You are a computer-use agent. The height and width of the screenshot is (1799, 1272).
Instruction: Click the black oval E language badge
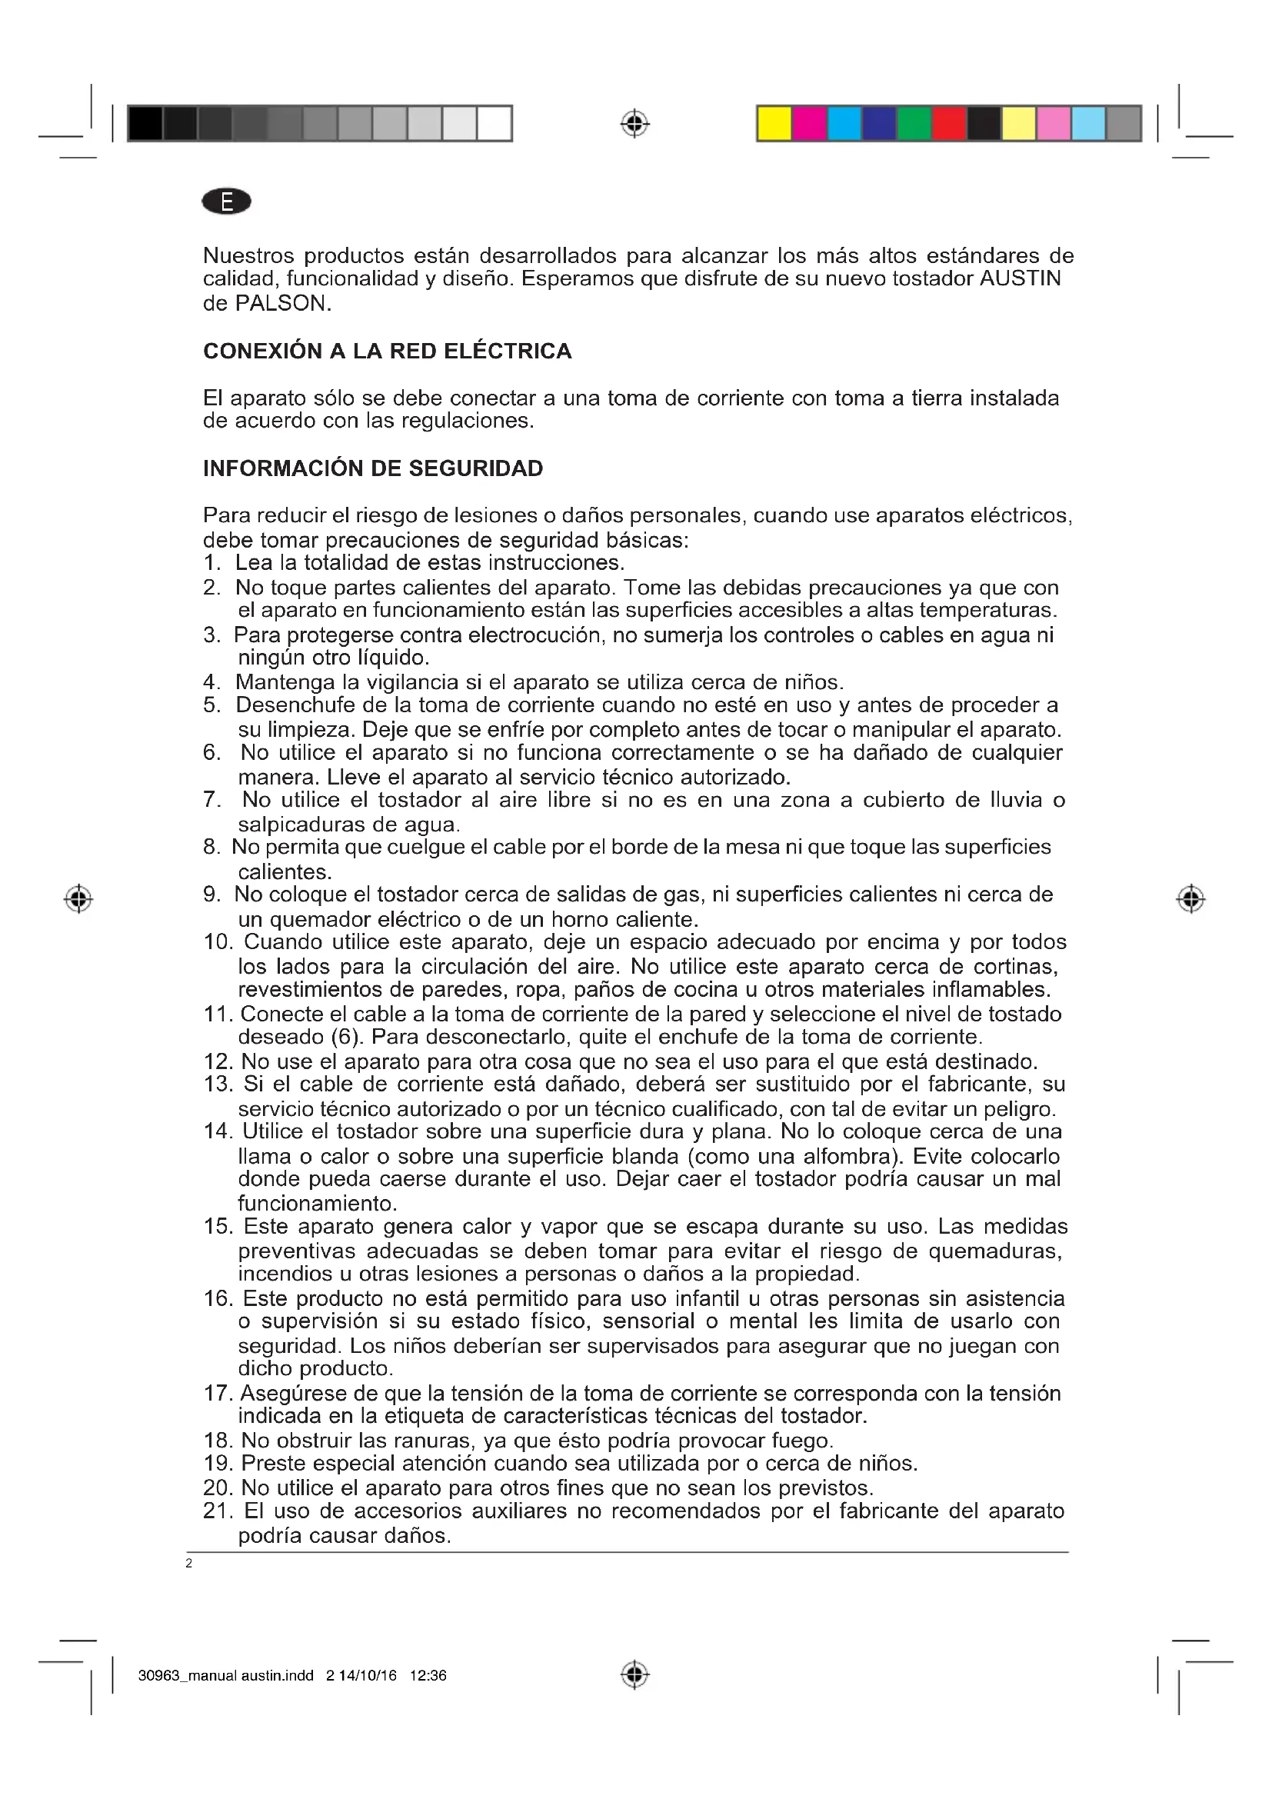[226, 202]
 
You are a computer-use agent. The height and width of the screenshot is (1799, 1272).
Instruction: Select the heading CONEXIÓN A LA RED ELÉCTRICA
[387, 351]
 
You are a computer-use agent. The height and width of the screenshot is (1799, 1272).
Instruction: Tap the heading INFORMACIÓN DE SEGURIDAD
[373, 468]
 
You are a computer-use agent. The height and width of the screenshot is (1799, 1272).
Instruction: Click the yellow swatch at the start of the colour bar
[774, 124]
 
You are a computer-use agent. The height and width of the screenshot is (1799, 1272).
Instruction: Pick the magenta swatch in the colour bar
[809, 124]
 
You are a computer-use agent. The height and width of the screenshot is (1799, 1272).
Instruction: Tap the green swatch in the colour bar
[914, 124]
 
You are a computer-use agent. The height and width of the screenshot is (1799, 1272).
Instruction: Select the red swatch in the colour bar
[948, 124]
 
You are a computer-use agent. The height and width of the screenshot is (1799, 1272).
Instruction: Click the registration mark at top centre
[635, 124]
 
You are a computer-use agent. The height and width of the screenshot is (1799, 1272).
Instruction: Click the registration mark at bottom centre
[635, 1675]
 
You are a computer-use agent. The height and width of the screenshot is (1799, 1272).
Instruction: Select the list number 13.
[218, 1084]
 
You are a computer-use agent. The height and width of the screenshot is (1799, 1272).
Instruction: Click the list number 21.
[218, 1511]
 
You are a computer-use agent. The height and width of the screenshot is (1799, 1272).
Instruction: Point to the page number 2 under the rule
[188, 1564]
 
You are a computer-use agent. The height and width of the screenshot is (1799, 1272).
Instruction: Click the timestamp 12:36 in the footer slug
[428, 1676]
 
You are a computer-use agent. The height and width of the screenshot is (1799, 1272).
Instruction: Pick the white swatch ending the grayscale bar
[494, 124]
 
